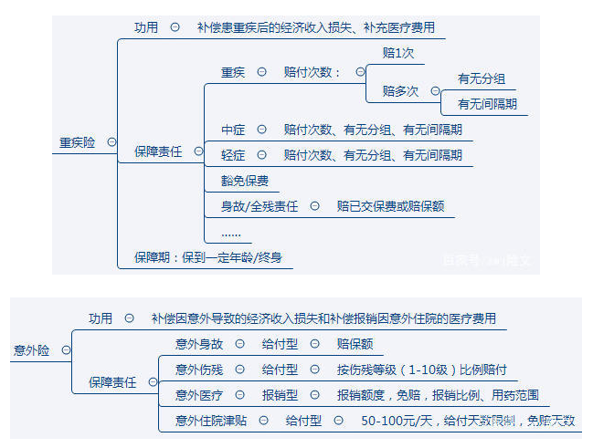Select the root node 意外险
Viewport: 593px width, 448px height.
[x=31, y=349]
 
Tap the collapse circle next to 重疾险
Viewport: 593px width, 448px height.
[x=111, y=141]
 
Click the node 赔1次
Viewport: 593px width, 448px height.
[x=397, y=53]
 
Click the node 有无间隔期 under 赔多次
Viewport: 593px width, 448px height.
[x=486, y=104]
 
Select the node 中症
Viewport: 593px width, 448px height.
[x=232, y=130]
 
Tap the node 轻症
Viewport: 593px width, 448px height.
[x=232, y=155]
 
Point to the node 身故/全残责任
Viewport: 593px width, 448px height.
[x=259, y=206]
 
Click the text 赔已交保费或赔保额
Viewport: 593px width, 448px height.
[x=390, y=206]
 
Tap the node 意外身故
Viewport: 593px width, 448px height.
[x=198, y=344]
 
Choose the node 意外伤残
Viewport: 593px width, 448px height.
[x=198, y=370]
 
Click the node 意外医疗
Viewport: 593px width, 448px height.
[x=198, y=395]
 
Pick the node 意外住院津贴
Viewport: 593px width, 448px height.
[x=211, y=421]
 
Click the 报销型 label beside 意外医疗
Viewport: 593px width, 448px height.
[x=280, y=395]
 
